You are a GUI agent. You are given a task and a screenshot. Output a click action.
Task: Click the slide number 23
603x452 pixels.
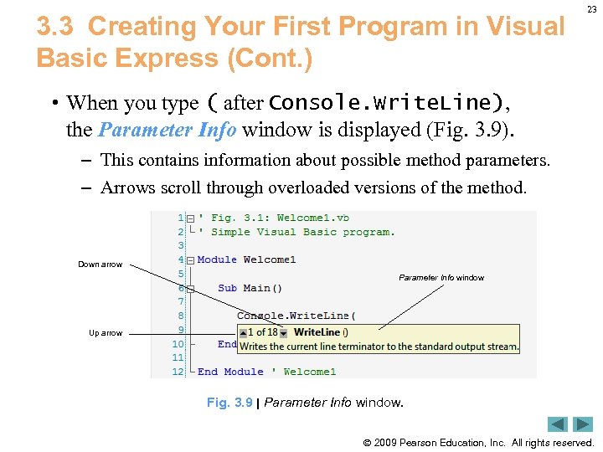point(592,9)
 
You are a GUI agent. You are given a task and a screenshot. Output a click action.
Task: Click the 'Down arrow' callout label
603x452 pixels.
point(100,265)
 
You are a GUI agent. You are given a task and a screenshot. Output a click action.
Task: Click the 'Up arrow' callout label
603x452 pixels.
point(106,333)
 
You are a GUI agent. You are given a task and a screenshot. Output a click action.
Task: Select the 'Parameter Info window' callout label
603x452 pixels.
point(441,278)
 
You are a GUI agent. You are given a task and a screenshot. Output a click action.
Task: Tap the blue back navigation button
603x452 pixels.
point(558,424)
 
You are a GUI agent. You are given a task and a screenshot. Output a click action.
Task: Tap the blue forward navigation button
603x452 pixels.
point(583,424)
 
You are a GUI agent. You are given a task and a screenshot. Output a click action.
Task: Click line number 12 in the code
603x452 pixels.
point(178,372)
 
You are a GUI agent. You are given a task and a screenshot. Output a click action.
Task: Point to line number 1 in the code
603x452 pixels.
point(180,218)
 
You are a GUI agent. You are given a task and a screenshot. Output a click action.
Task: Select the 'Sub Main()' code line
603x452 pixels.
point(250,288)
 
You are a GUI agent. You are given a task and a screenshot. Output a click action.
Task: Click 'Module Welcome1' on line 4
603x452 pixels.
point(246,259)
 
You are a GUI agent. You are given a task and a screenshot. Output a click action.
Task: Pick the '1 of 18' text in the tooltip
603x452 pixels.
point(262,332)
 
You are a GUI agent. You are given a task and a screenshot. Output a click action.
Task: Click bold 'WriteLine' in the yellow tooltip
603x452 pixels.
point(317,332)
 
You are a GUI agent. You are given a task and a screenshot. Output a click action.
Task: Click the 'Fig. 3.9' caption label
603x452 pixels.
point(229,403)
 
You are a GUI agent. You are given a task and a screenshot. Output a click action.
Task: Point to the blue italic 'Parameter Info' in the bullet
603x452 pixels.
point(167,130)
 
